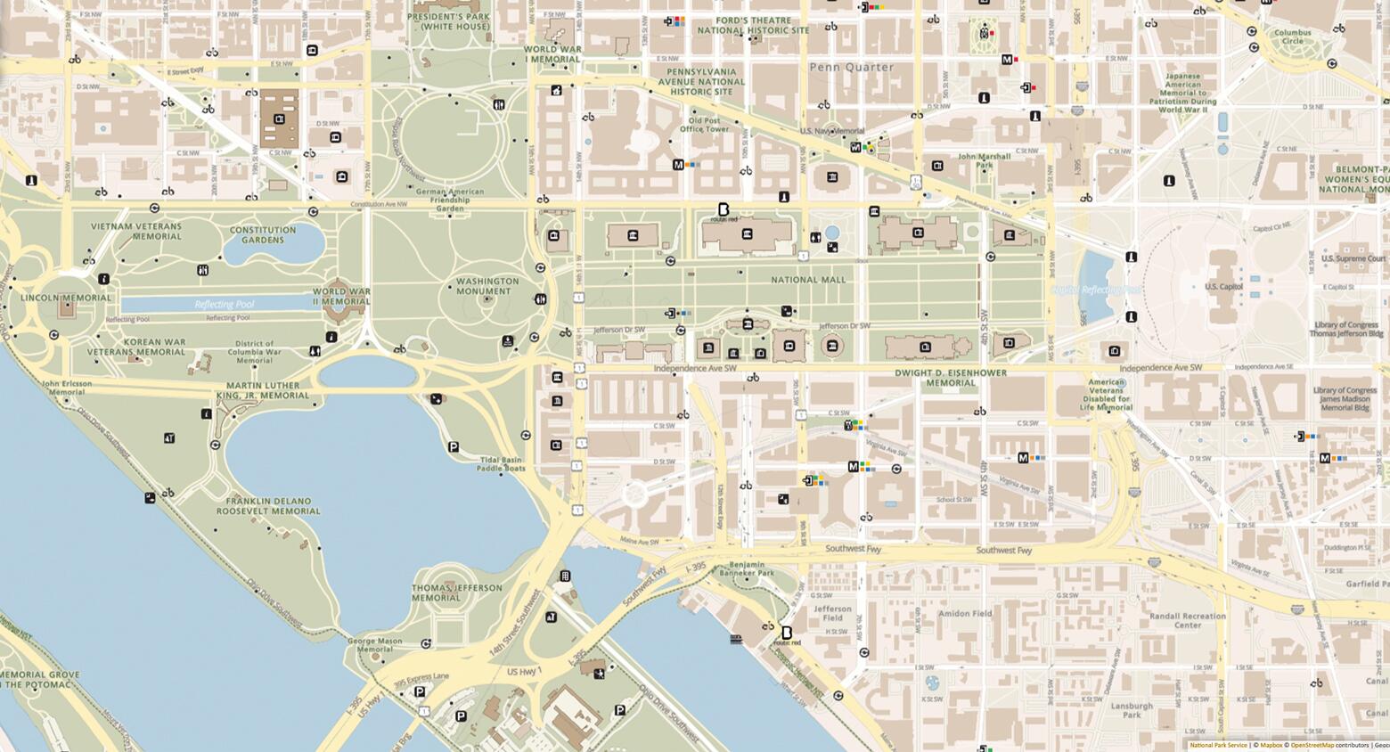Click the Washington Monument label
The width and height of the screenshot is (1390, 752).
tap(487, 286)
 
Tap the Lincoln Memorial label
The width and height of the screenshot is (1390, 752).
tap(66, 298)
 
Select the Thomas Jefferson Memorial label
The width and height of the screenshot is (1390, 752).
tap(456, 593)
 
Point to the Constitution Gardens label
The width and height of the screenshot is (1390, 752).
tap(263, 234)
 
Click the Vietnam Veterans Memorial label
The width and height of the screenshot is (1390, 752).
tap(135, 231)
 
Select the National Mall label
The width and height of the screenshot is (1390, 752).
tap(808, 280)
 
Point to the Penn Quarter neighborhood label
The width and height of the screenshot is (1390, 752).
tap(851, 67)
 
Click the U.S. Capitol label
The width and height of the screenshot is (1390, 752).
tap(1223, 287)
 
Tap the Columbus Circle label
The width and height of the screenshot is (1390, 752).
tap(1292, 37)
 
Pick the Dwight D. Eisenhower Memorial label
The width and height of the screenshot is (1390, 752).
tap(951, 378)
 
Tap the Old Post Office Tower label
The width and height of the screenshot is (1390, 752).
tap(704, 125)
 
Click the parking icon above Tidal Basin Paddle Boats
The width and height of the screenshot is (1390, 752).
tap(454, 447)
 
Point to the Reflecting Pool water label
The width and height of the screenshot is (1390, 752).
tap(225, 305)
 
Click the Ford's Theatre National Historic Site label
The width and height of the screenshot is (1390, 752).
tap(753, 25)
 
